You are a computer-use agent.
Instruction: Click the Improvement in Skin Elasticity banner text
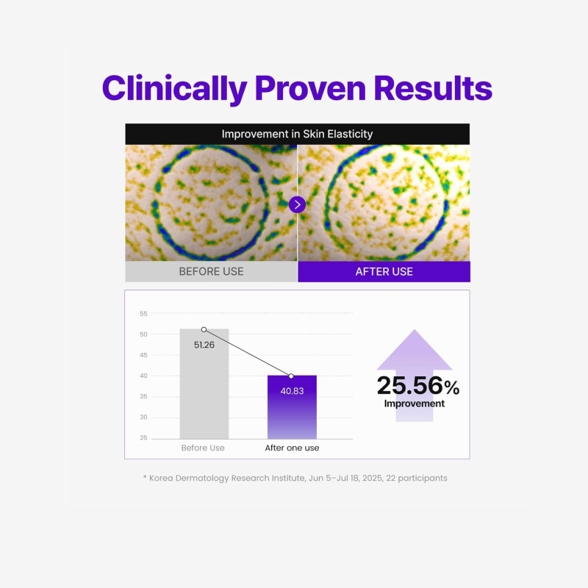click(x=297, y=134)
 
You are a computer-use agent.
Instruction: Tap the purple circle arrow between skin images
click(x=297, y=204)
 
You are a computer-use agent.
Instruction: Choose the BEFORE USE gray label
click(x=211, y=271)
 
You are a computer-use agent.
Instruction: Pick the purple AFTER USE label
click(x=384, y=271)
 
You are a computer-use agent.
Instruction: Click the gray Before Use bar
click(x=204, y=390)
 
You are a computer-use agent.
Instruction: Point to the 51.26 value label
click(x=204, y=345)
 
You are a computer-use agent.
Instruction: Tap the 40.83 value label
click(x=292, y=391)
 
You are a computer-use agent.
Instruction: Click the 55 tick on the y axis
click(x=143, y=314)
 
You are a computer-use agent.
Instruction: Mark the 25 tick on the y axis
click(x=143, y=438)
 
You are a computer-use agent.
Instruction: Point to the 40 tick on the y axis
click(x=143, y=376)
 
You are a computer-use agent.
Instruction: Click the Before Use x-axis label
click(x=203, y=448)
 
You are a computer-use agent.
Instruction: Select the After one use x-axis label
click(x=292, y=448)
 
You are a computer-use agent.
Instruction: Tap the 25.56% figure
click(x=417, y=386)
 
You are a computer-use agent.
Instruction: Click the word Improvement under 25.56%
click(x=414, y=404)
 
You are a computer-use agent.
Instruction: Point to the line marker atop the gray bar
click(x=204, y=329)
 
